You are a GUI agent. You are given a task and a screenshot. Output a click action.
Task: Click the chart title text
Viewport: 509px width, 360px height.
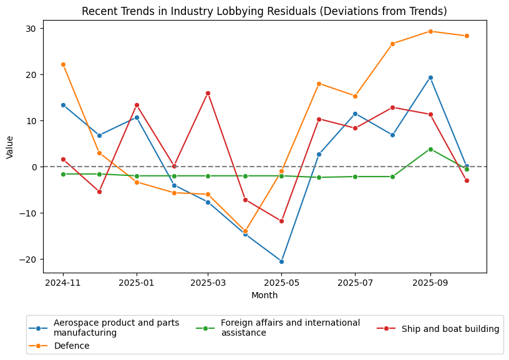pyautogui.click(x=264, y=11)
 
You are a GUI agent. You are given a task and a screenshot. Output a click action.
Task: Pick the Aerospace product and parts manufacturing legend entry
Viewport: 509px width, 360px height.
pyautogui.click(x=116, y=328)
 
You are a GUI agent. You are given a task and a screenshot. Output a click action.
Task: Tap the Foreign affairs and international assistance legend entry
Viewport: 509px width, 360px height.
pyautogui.click(x=290, y=328)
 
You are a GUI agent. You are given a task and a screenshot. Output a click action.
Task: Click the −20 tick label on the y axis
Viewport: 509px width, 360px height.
pyautogui.click(x=29, y=260)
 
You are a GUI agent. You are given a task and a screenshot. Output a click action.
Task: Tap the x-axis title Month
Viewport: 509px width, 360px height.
pyautogui.click(x=264, y=295)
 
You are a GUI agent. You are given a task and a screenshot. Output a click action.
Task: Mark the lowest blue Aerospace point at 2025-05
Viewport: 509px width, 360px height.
pyautogui.click(x=281, y=261)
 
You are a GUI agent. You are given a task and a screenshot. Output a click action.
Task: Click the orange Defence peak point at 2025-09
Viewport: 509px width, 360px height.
pyautogui.click(x=430, y=31)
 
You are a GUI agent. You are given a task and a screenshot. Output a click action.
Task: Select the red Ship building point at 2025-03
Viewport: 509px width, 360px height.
pyautogui.click(x=208, y=93)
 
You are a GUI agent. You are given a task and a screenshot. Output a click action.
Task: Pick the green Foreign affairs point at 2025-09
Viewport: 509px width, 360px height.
pyautogui.click(x=430, y=149)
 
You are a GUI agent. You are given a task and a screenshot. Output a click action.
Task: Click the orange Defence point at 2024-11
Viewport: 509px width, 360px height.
pyautogui.click(x=63, y=64)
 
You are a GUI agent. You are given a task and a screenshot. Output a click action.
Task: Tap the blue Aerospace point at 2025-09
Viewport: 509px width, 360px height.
pyautogui.click(x=430, y=77)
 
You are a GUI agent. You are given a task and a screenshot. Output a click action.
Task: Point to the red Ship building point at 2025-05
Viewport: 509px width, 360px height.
pyautogui.click(x=281, y=221)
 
